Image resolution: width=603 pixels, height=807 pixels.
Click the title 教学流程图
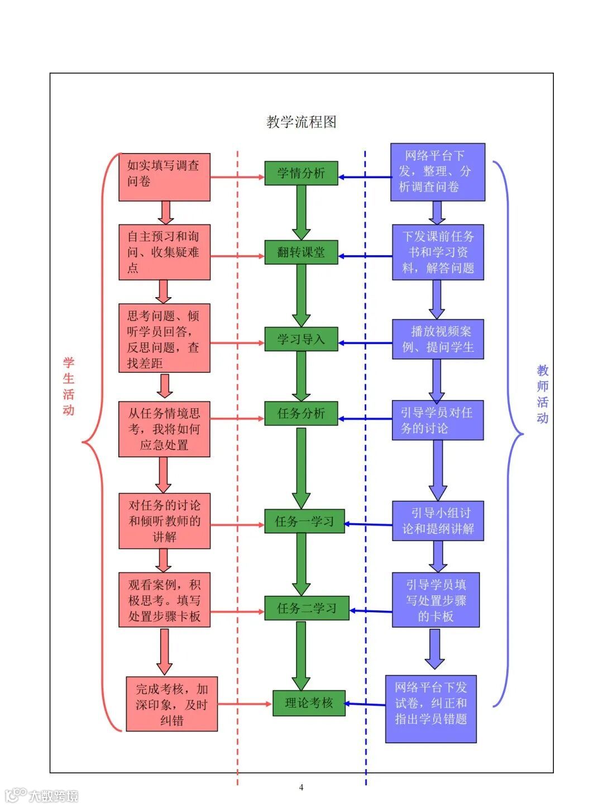[301, 122]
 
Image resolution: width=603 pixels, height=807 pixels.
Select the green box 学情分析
[301, 173]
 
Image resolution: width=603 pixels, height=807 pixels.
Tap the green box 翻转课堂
[301, 252]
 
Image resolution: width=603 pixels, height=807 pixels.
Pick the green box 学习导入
[301, 339]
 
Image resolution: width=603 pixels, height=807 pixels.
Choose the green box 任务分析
[301, 413]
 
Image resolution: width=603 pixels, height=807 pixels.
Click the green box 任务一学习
[304, 521]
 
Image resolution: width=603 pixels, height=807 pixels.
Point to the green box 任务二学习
[307, 608]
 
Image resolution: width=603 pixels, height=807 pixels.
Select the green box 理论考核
[309, 703]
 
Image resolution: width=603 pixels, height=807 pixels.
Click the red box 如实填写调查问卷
[164, 177]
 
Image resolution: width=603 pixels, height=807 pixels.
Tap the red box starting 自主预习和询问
[164, 252]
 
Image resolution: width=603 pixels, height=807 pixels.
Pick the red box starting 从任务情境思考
[164, 429]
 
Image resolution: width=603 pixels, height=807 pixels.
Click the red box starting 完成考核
[171, 705]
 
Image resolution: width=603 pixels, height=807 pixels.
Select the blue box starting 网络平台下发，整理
[437, 172]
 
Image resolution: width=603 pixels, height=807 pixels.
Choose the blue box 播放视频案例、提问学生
[437, 339]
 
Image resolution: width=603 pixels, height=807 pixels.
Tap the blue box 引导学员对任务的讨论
[437, 420]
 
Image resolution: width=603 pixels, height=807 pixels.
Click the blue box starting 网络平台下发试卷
[430, 709]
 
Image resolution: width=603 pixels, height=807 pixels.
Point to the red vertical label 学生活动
[69, 386]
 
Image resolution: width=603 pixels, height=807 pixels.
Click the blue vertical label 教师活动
[543, 394]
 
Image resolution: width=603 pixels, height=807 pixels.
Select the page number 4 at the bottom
[301, 787]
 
